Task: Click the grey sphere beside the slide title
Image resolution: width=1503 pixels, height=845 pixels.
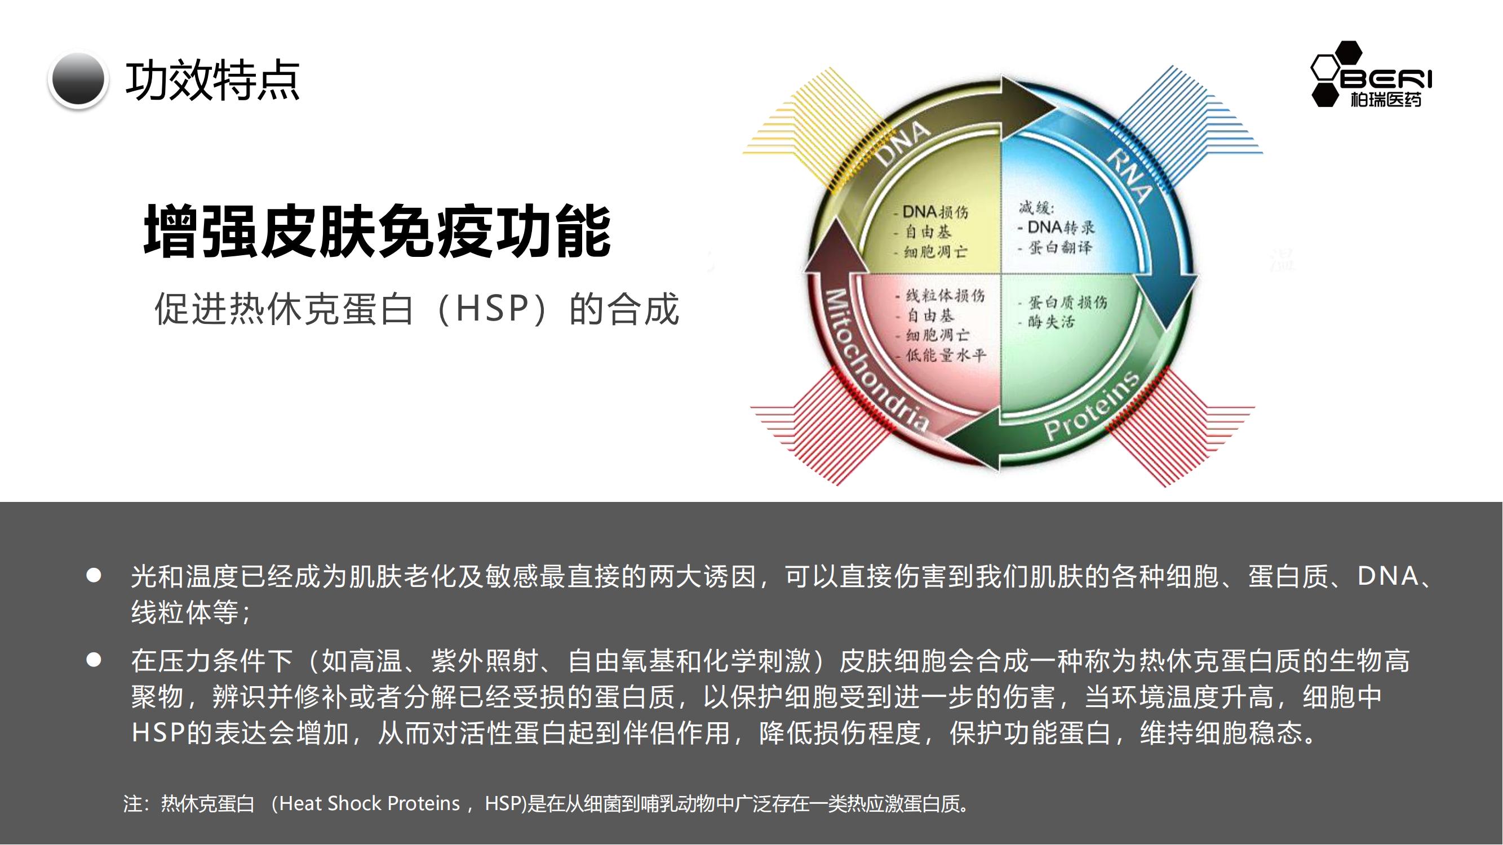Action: (78, 80)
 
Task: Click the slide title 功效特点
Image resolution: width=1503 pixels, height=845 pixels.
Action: (212, 81)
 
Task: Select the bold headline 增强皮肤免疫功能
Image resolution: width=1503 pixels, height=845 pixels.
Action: (377, 230)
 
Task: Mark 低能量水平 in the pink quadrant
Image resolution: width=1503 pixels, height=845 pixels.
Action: (946, 354)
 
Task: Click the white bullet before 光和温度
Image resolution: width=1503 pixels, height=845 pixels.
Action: (94, 576)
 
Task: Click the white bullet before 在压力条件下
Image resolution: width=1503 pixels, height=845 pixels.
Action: (94, 660)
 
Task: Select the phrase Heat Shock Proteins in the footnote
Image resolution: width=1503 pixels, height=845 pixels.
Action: (369, 804)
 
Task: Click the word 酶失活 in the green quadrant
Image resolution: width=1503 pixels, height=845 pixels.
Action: (1052, 321)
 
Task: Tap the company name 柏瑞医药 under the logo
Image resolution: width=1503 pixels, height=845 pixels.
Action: (1386, 100)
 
